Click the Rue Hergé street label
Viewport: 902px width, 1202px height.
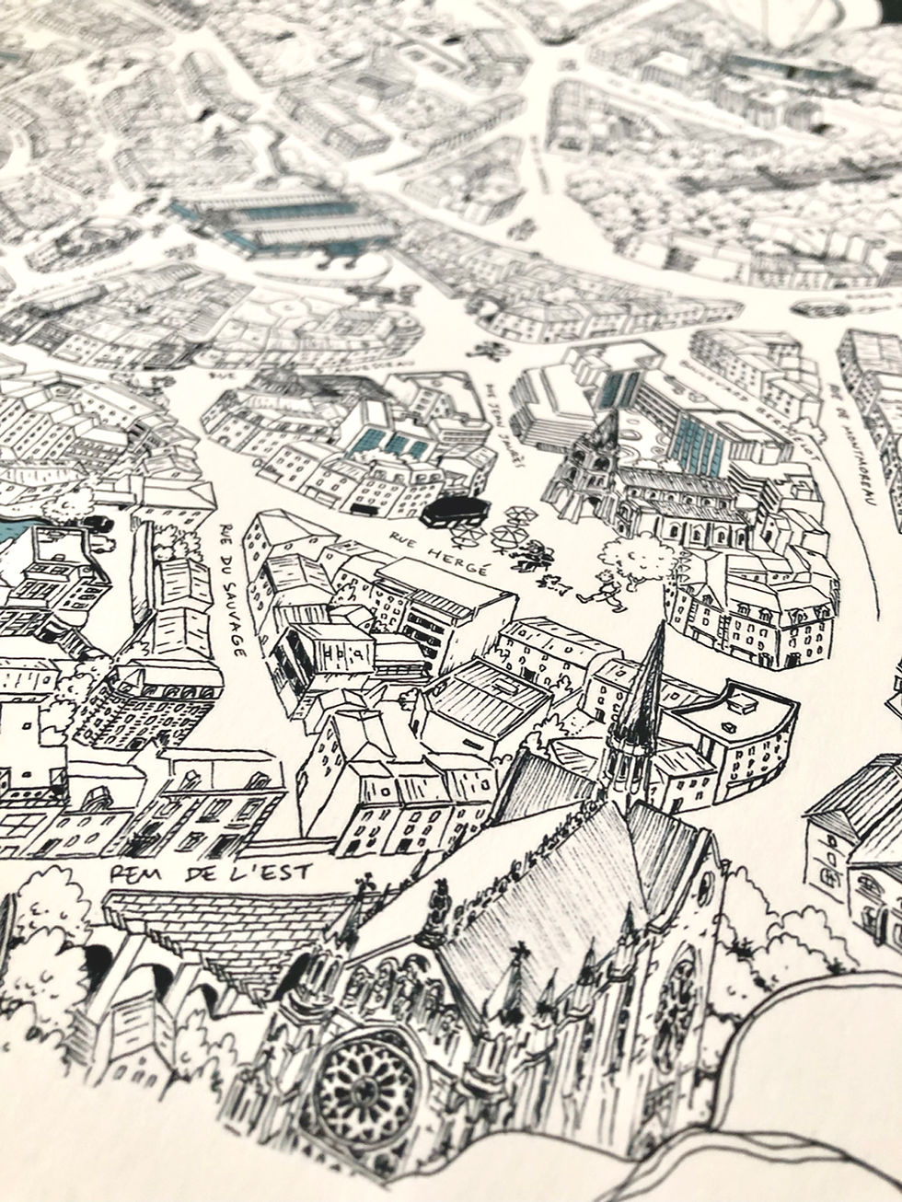click(437, 551)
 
